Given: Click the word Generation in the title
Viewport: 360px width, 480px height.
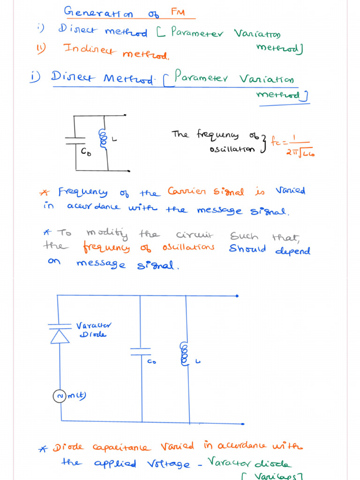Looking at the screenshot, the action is (97, 12).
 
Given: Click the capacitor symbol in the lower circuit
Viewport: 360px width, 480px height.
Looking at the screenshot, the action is (141, 352).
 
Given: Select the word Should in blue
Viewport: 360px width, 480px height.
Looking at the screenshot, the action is (247, 248).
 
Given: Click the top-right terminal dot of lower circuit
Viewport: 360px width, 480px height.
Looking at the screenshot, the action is (237, 296).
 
